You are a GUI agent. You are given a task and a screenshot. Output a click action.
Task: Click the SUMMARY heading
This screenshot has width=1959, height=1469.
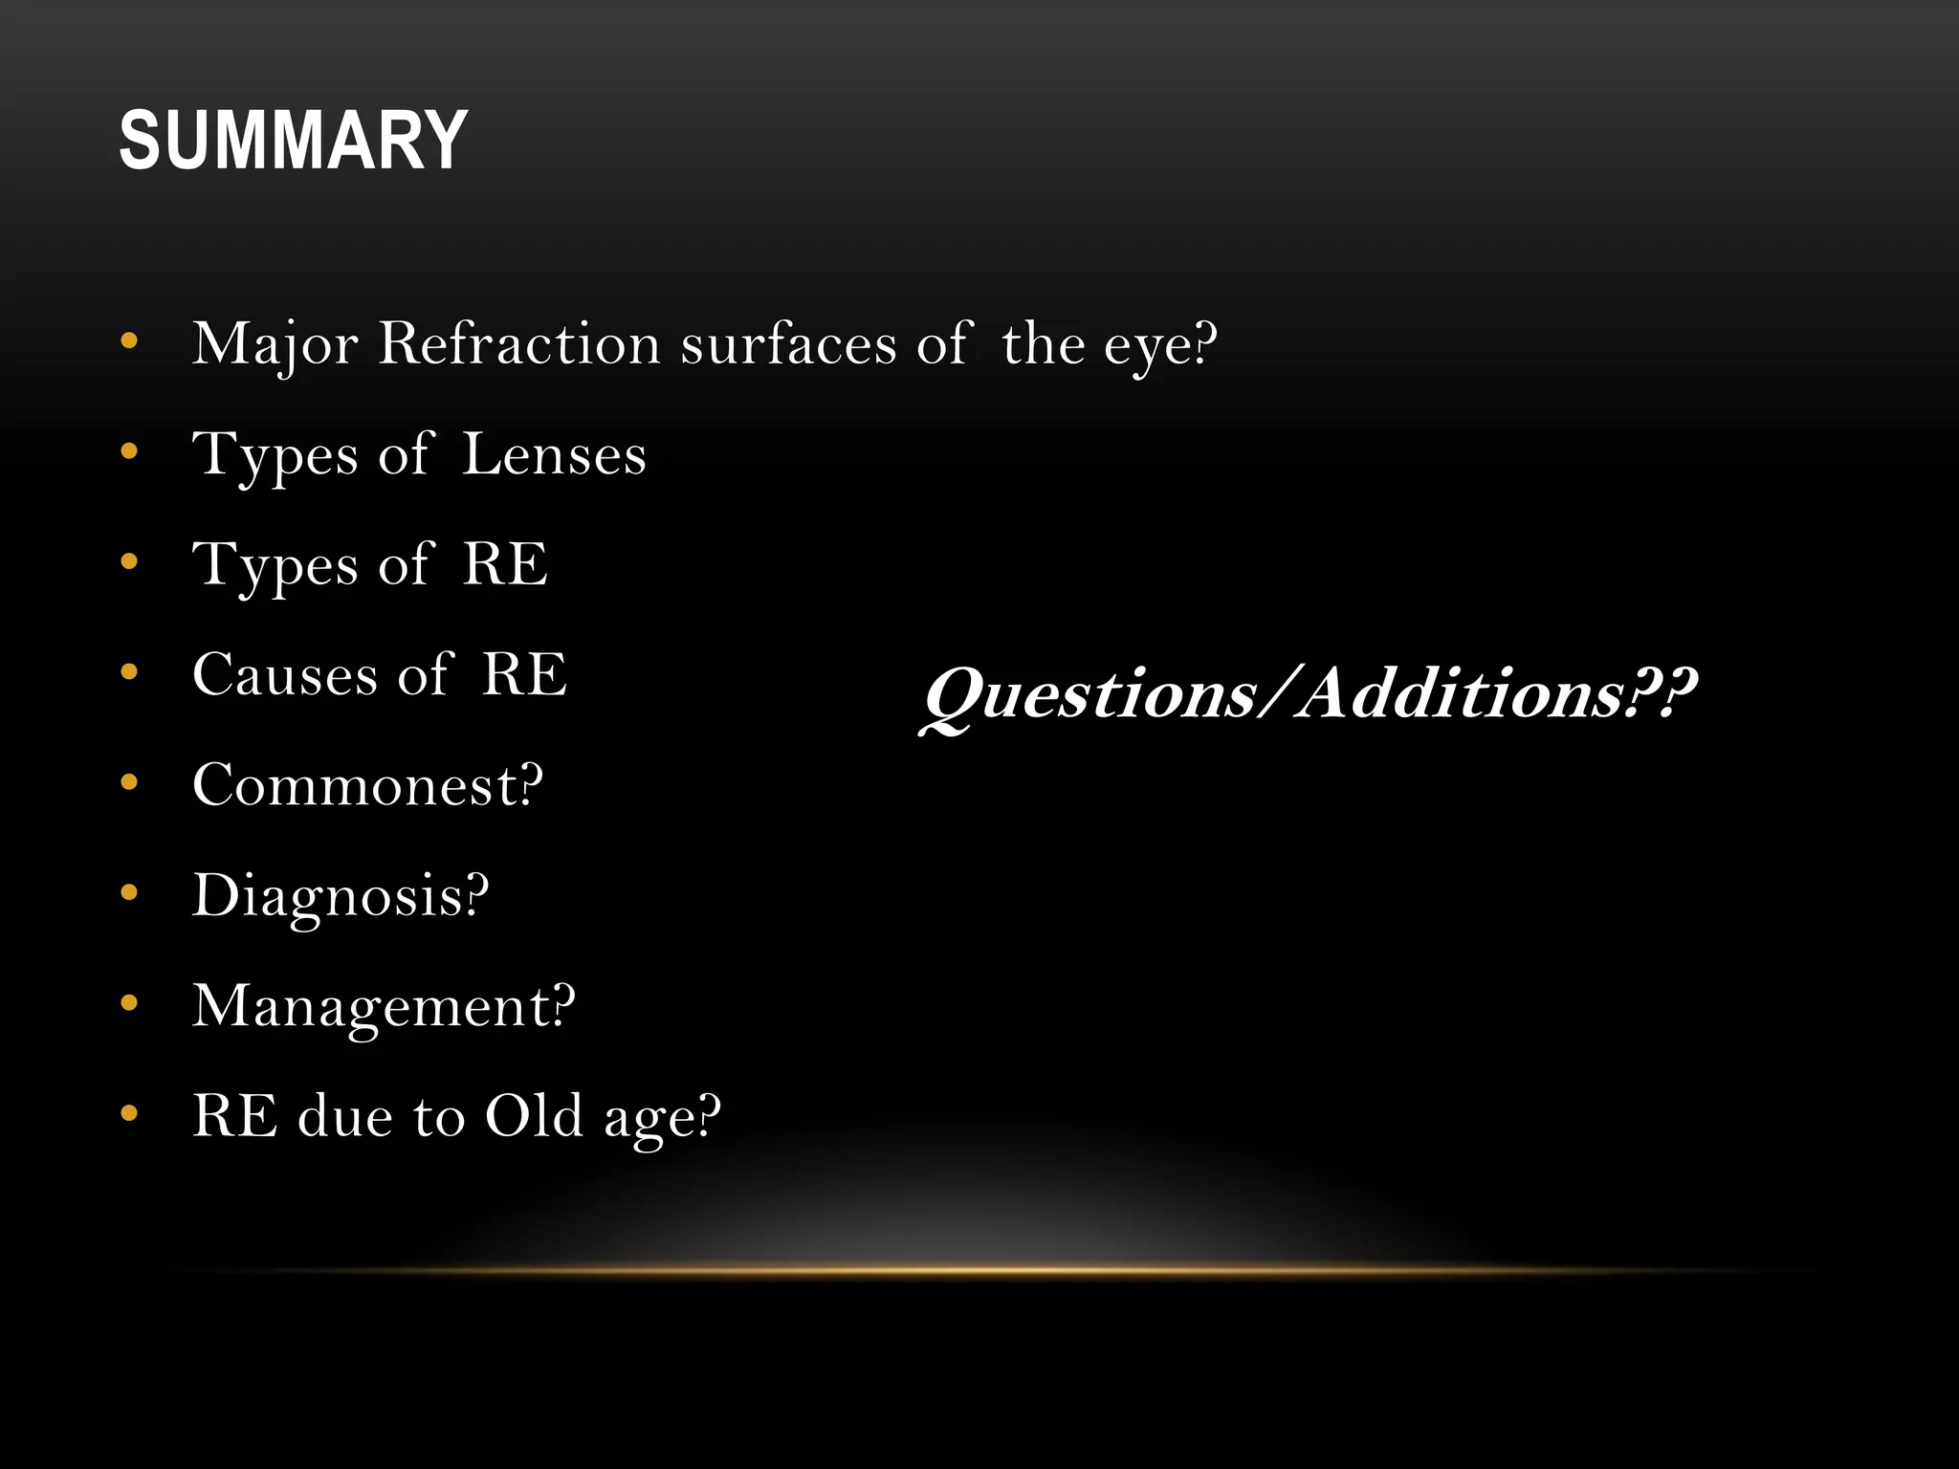[x=293, y=141]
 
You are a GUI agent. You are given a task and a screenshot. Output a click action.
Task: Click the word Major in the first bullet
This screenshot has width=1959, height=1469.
[x=275, y=343]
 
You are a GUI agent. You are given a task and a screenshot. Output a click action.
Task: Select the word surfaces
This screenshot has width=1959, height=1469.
[x=788, y=344]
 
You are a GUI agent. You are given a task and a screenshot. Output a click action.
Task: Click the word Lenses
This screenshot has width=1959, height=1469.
[x=554, y=454]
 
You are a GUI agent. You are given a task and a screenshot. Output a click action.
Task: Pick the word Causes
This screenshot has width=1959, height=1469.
[x=285, y=675]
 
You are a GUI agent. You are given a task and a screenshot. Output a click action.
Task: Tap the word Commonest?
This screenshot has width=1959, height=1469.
[x=367, y=785]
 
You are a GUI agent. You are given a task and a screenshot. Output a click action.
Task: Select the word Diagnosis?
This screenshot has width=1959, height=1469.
[x=341, y=896]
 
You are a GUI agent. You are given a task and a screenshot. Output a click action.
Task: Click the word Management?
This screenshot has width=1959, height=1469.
[x=384, y=1006]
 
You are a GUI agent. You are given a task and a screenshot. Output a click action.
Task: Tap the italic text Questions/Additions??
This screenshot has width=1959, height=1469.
[x=1309, y=694]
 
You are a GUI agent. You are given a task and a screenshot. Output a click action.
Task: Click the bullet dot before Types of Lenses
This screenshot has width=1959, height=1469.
[x=130, y=451]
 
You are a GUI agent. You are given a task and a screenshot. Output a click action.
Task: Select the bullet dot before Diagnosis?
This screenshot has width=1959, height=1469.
[x=130, y=893]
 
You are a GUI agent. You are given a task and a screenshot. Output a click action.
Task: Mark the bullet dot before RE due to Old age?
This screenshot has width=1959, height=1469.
[x=130, y=1113]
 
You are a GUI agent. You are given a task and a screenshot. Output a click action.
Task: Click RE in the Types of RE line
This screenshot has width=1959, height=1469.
[x=505, y=564]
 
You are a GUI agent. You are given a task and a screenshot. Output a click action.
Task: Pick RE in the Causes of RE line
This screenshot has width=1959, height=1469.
[x=524, y=675]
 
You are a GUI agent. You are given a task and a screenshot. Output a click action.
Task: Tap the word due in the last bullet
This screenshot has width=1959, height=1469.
[x=345, y=1116]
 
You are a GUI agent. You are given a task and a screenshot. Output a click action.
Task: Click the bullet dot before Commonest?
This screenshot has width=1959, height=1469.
[x=130, y=783]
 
